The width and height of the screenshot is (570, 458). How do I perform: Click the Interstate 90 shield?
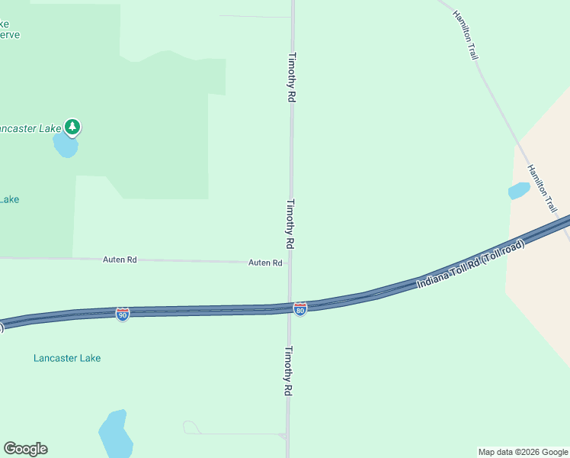(123, 314)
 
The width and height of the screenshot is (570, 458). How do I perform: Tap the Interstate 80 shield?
(300, 309)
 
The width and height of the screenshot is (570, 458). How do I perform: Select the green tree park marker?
(72, 127)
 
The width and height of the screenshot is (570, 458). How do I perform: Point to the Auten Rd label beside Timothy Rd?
(265, 263)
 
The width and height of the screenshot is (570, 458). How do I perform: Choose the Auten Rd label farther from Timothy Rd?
(120, 260)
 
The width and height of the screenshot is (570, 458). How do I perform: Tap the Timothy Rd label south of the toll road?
(289, 371)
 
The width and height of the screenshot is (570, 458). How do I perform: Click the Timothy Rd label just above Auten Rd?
(290, 224)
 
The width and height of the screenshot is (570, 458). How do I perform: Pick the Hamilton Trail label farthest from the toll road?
(465, 36)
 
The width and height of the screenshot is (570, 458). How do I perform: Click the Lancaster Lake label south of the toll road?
(67, 358)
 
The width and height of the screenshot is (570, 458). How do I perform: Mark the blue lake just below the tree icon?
(66, 146)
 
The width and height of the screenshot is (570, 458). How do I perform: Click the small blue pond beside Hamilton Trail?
(518, 190)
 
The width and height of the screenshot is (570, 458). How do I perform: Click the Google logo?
(25, 449)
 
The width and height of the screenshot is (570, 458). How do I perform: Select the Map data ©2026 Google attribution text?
(522, 452)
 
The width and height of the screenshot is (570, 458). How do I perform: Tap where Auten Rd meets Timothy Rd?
(290, 263)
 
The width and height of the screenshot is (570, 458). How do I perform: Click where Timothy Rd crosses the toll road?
(290, 308)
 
